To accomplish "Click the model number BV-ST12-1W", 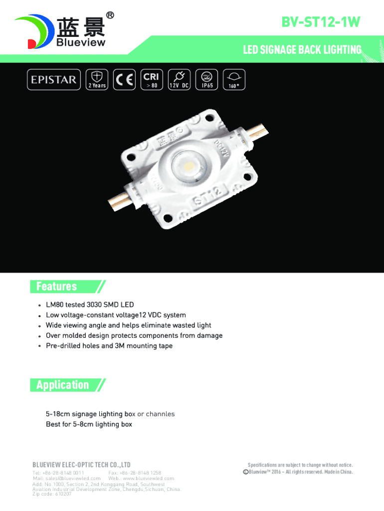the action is click(321, 22).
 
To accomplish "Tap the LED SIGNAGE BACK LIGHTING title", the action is click(302, 50).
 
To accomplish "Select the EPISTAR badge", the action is click(54, 79).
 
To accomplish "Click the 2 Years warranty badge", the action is click(97, 79).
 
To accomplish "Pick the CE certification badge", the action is click(124, 79).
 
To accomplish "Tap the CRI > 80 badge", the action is click(152, 79).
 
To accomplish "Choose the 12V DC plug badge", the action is click(179, 79).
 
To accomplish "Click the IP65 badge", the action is click(206, 79).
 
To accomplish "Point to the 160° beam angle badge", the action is click(234, 79).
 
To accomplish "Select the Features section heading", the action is click(57, 286).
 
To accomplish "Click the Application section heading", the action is click(62, 385).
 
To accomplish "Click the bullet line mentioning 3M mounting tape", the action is click(109, 346).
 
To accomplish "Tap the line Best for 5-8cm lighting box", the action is click(89, 424).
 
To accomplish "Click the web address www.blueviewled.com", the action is click(149, 479).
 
